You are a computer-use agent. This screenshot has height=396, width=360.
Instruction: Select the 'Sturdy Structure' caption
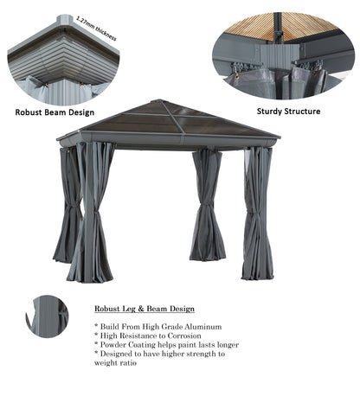coord(289,111)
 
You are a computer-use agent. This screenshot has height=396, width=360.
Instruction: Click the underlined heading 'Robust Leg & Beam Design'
coord(145,309)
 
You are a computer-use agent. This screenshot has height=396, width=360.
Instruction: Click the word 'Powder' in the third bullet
coord(119,344)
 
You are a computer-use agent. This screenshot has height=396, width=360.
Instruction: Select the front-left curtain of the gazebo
coord(93,212)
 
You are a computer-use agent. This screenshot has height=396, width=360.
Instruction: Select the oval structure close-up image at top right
coord(283,54)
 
